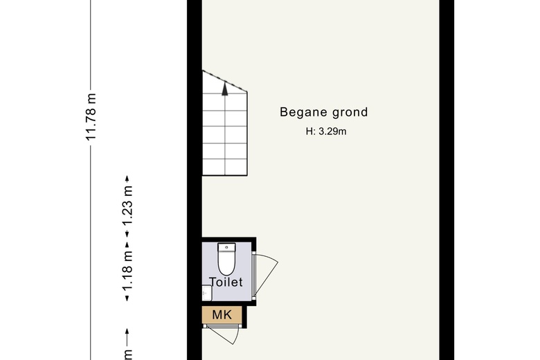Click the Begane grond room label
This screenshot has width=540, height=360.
(324, 112)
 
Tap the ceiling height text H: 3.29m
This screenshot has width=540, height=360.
(326, 132)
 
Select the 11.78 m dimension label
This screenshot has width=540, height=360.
(91, 117)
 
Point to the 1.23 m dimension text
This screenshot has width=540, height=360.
(127, 205)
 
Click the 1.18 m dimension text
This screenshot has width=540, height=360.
(127, 272)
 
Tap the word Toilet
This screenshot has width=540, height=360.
(226, 282)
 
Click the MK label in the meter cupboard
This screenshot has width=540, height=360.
(222, 314)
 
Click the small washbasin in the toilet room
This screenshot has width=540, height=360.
(206, 293)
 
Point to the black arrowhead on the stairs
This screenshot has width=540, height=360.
(225, 89)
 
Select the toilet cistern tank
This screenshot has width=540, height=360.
(226, 246)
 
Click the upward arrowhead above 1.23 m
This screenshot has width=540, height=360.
(127, 179)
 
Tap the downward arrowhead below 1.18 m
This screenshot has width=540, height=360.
(127, 298)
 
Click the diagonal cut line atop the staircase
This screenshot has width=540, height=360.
(225, 81)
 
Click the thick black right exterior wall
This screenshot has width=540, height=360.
(447, 180)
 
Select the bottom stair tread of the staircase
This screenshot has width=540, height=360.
(225, 168)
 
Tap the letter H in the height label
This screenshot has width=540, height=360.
(309, 132)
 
